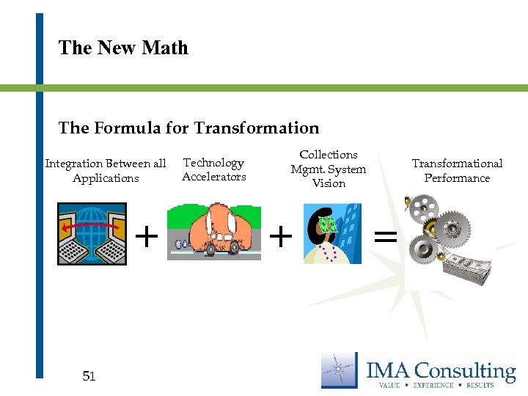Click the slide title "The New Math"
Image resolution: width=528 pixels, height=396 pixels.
123,48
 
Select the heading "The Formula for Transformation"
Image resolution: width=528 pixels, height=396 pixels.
188,128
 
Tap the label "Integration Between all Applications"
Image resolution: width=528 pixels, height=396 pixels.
106,171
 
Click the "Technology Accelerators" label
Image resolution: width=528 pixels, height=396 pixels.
213,169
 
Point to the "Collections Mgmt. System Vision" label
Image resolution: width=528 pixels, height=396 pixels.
328,169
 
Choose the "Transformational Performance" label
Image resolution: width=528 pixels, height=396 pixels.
457,171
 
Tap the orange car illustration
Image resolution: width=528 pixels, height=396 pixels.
213,230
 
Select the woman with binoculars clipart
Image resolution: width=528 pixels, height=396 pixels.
332,233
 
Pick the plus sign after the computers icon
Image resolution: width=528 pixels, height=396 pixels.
147,235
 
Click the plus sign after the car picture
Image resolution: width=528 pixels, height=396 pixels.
280,235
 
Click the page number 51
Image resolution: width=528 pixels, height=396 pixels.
89,376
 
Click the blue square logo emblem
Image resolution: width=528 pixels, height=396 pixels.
339,370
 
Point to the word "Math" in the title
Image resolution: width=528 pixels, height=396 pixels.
165,48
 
